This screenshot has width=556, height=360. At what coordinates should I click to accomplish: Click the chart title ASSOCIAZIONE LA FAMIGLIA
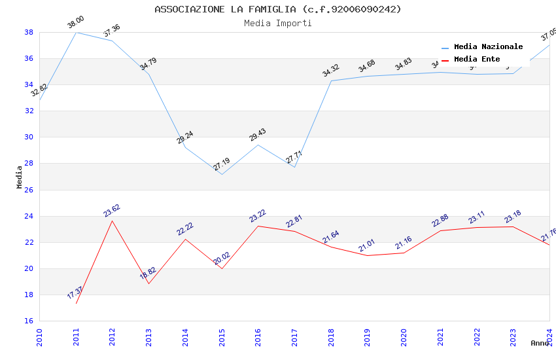(278, 9)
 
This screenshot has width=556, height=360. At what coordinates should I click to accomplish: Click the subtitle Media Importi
(278, 23)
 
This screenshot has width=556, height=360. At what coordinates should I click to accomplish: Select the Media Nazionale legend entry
(488, 46)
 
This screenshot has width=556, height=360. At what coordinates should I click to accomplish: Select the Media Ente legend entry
(477, 59)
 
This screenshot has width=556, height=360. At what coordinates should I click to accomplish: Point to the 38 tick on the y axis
(29, 32)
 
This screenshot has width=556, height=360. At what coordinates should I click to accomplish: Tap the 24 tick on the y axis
(29, 216)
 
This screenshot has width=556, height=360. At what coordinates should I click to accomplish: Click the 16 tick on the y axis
(29, 321)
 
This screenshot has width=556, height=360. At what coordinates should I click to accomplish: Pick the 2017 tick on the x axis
(294, 338)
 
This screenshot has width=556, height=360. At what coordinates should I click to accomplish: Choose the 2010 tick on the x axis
(39, 338)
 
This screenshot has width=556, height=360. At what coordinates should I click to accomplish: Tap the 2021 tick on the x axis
(440, 338)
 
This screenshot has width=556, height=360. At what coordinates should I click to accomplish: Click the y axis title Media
(20, 177)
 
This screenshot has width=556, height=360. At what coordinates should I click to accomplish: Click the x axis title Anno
(540, 343)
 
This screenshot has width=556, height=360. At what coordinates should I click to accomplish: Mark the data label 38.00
(76, 23)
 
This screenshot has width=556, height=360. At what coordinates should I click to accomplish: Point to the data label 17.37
(76, 293)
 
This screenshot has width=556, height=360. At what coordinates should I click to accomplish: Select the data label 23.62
(112, 211)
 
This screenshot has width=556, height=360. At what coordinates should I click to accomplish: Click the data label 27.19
(222, 164)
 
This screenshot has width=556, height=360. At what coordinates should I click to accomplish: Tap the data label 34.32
(331, 71)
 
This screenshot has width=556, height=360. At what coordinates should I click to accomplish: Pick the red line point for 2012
(113, 221)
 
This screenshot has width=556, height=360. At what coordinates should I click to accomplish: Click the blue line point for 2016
(258, 145)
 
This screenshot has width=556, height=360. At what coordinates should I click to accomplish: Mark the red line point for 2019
(368, 255)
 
